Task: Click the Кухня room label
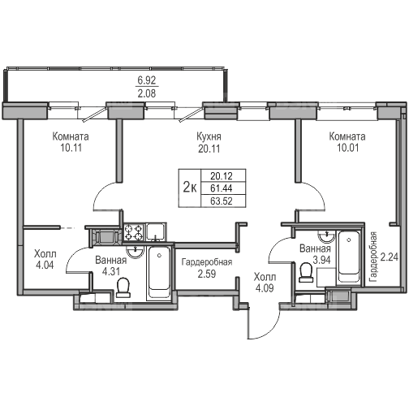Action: [x=209, y=137]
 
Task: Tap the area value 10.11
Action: [x=71, y=148]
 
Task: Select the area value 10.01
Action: [x=347, y=148]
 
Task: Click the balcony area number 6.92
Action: [x=147, y=80]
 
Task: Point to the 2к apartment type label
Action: [x=190, y=187]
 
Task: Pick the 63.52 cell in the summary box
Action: [x=222, y=201]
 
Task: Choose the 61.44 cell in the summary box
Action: [x=222, y=188]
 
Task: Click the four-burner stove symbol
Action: [x=134, y=232]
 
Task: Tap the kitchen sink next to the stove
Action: [x=156, y=231]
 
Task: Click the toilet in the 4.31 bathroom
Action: [x=123, y=287]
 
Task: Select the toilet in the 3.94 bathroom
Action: [x=306, y=273]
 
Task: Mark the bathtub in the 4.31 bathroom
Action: [x=159, y=273]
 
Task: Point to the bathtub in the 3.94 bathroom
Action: [x=349, y=257]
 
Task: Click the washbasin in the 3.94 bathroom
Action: [x=327, y=236]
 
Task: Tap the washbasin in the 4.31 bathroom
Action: [x=135, y=252]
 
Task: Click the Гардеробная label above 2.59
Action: [x=207, y=262]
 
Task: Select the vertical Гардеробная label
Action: [x=373, y=257]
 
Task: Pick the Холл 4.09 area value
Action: [x=265, y=288]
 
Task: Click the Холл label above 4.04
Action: [x=45, y=254]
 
